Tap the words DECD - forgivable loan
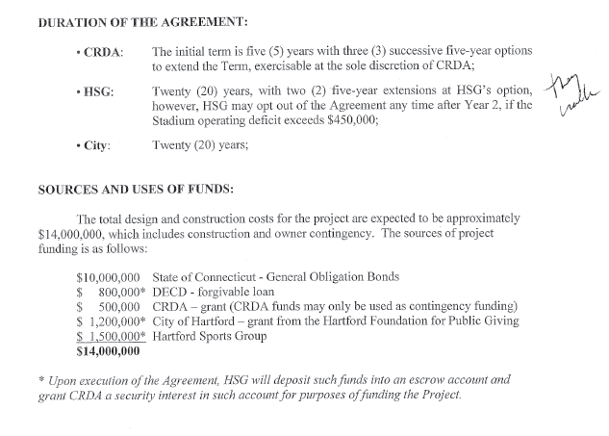coord(210,292)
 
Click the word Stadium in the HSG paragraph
coord(175,121)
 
